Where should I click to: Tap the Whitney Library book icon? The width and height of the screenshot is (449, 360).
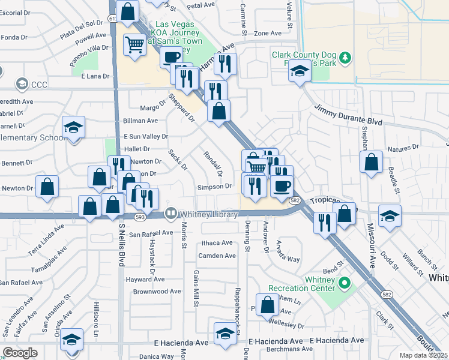coord(171,213)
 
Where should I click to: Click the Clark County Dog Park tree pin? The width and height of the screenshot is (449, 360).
coord(345,58)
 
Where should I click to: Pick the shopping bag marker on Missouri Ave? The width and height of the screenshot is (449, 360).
coord(372,161)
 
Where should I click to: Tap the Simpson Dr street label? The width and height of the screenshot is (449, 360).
coord(215,187)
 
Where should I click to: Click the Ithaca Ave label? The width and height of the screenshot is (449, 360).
coord(217,243)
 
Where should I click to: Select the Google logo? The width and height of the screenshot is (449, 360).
coord(20,353)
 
